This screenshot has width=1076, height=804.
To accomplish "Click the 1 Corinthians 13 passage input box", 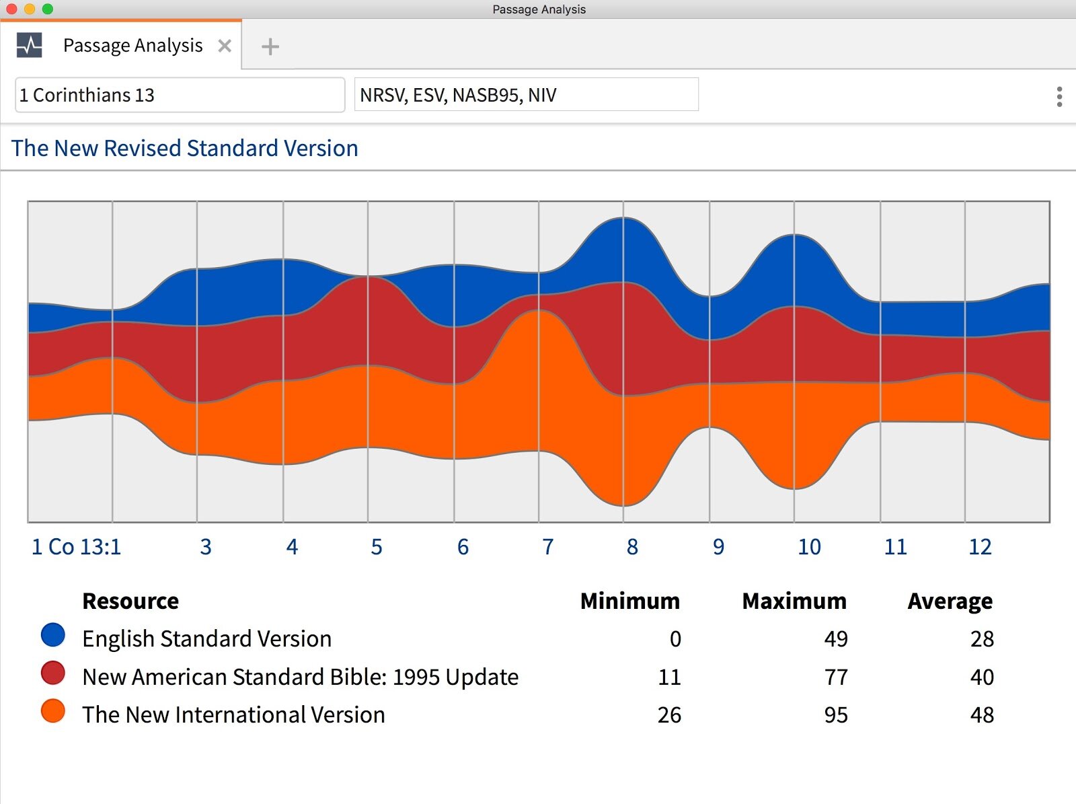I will tap(179, 95).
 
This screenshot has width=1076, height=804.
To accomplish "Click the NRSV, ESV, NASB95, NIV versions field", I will tap(526, 95).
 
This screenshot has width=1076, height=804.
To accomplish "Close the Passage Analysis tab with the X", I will tap(225, 46).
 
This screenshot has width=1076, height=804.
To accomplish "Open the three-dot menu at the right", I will tap(1059, 97).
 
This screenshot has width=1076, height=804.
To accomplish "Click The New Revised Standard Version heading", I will tap(185, 148).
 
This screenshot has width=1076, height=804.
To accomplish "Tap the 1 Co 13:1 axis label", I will tap(77, 546).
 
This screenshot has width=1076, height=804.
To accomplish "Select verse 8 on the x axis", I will tap(632, 546).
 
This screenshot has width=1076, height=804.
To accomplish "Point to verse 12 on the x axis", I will tap(980, 546).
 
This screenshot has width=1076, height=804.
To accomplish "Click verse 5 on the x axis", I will tap(377, 546).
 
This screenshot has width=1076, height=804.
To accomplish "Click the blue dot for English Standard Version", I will tap(53, 634).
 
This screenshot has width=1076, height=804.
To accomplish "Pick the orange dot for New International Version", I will tap(53, 710).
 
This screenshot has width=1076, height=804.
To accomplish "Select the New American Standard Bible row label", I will tap(300, 677).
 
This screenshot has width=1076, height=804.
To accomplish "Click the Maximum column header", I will tap(794, 601).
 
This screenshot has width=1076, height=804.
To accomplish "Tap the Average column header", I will tap(950, 601).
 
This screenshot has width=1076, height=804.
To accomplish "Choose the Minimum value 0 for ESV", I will tap(675, 638).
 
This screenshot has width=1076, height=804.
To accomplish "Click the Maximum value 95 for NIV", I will tap(836, 715).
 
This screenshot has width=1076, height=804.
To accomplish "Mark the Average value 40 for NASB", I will tap(982, 677).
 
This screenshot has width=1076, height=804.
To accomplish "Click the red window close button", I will tap(11, 9).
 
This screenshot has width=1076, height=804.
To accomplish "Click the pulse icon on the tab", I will tap(29, 45).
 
